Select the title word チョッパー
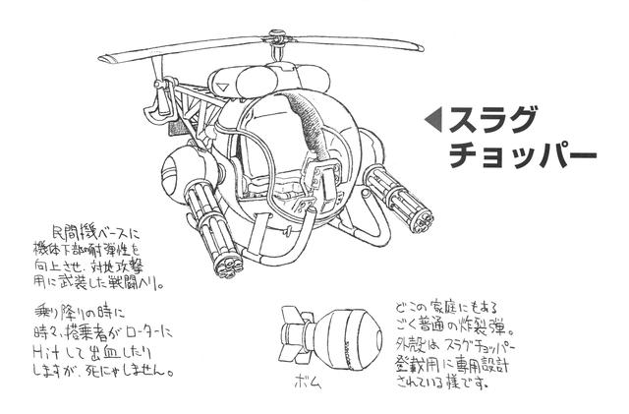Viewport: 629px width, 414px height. [x=523, y=156]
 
